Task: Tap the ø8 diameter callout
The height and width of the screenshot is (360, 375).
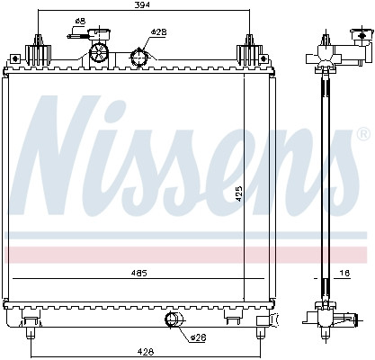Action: (x=80, y=21)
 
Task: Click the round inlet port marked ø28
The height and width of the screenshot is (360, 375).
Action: (x=140, y=58)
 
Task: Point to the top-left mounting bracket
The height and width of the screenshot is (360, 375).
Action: (x=37, y=50)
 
